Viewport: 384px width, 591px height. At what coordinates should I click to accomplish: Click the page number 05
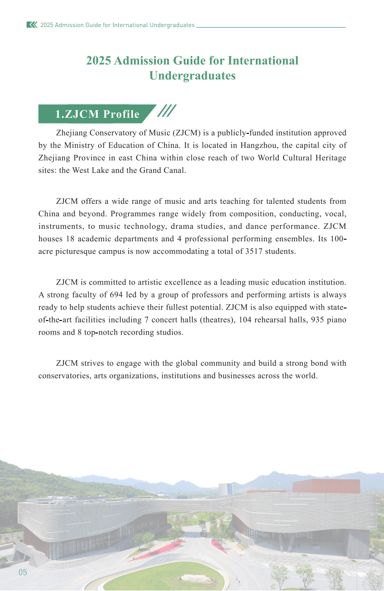22,572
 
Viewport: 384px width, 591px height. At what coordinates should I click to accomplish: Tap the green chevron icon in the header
32,24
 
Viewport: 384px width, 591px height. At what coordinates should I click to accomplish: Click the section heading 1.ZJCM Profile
97,114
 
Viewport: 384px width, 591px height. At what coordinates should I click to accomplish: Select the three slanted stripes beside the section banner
167,110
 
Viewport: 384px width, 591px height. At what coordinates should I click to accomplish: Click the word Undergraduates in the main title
192,76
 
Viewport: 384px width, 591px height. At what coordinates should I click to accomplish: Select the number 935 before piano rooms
316,319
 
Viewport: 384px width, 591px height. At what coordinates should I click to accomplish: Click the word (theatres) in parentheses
217,319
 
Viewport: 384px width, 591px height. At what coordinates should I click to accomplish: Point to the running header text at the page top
117,24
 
